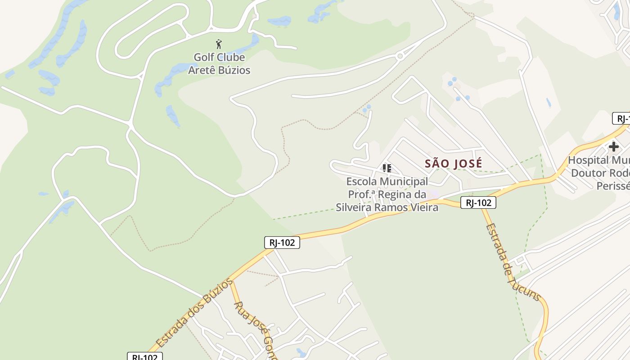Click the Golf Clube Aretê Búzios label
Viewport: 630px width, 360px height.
pos(219,63)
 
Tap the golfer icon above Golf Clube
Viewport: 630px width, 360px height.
pos(219,44)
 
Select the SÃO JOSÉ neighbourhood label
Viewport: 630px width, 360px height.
pos(453,163)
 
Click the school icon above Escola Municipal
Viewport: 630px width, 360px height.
pos(387,168)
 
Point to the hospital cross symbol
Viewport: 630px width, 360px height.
pos(613,147)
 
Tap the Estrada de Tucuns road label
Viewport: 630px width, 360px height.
pos(513,262)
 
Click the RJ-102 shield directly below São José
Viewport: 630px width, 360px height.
pos(478,203)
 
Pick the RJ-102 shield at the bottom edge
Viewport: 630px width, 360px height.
pos(144,356)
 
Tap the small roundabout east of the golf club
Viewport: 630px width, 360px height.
pos(399,56)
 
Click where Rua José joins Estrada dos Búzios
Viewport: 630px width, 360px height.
pos(231,281)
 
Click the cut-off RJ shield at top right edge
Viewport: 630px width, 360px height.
pos(621,119)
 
